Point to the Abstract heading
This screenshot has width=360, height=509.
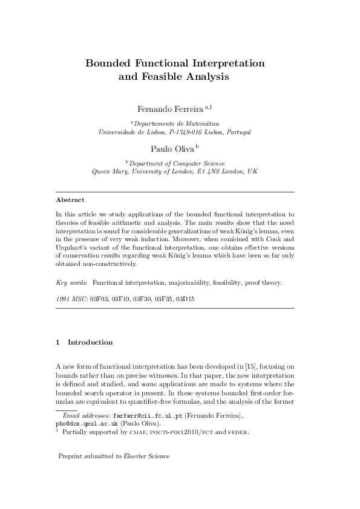click(70, 199)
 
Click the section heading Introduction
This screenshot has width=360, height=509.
click(90, 342)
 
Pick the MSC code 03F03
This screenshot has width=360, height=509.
click(99, 299)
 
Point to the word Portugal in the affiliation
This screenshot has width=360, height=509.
click(238, 131)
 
